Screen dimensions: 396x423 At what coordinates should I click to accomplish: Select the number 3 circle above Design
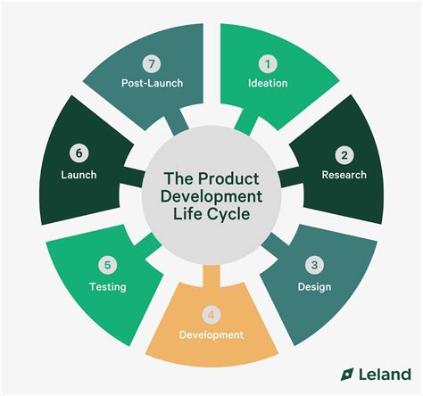314,265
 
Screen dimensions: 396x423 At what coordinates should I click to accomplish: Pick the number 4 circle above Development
210,314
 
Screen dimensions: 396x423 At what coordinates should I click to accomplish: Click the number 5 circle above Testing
107,265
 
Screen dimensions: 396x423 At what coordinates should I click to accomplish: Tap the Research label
344,174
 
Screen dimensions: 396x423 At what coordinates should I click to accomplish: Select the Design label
314,286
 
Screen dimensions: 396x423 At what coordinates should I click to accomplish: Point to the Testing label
107,287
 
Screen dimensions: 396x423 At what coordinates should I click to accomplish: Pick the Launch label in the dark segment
79,175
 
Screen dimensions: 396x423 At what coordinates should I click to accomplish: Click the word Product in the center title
228,177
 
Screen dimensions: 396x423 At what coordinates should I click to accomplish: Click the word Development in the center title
211,197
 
